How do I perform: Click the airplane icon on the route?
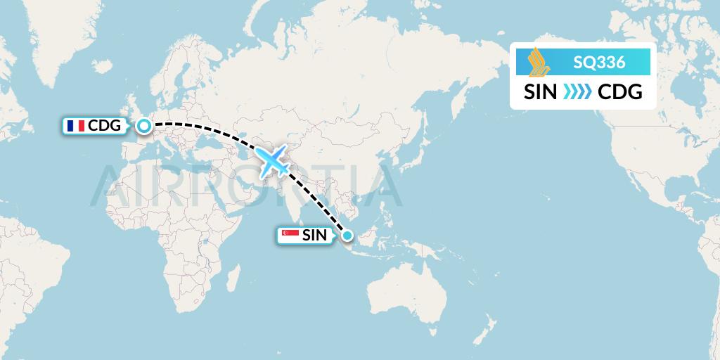click(x=274, y=161)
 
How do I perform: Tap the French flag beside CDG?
click(x=75, y=126)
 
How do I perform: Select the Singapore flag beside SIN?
click(x=290, y=235)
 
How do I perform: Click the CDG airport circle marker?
click(x=143, y=126)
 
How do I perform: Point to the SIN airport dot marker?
click(x=347, y=235)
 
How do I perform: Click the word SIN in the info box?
click(x=541, y=92)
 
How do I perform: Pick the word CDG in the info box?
click(x=619, y=92)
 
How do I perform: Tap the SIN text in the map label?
click(x=314, y=236)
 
